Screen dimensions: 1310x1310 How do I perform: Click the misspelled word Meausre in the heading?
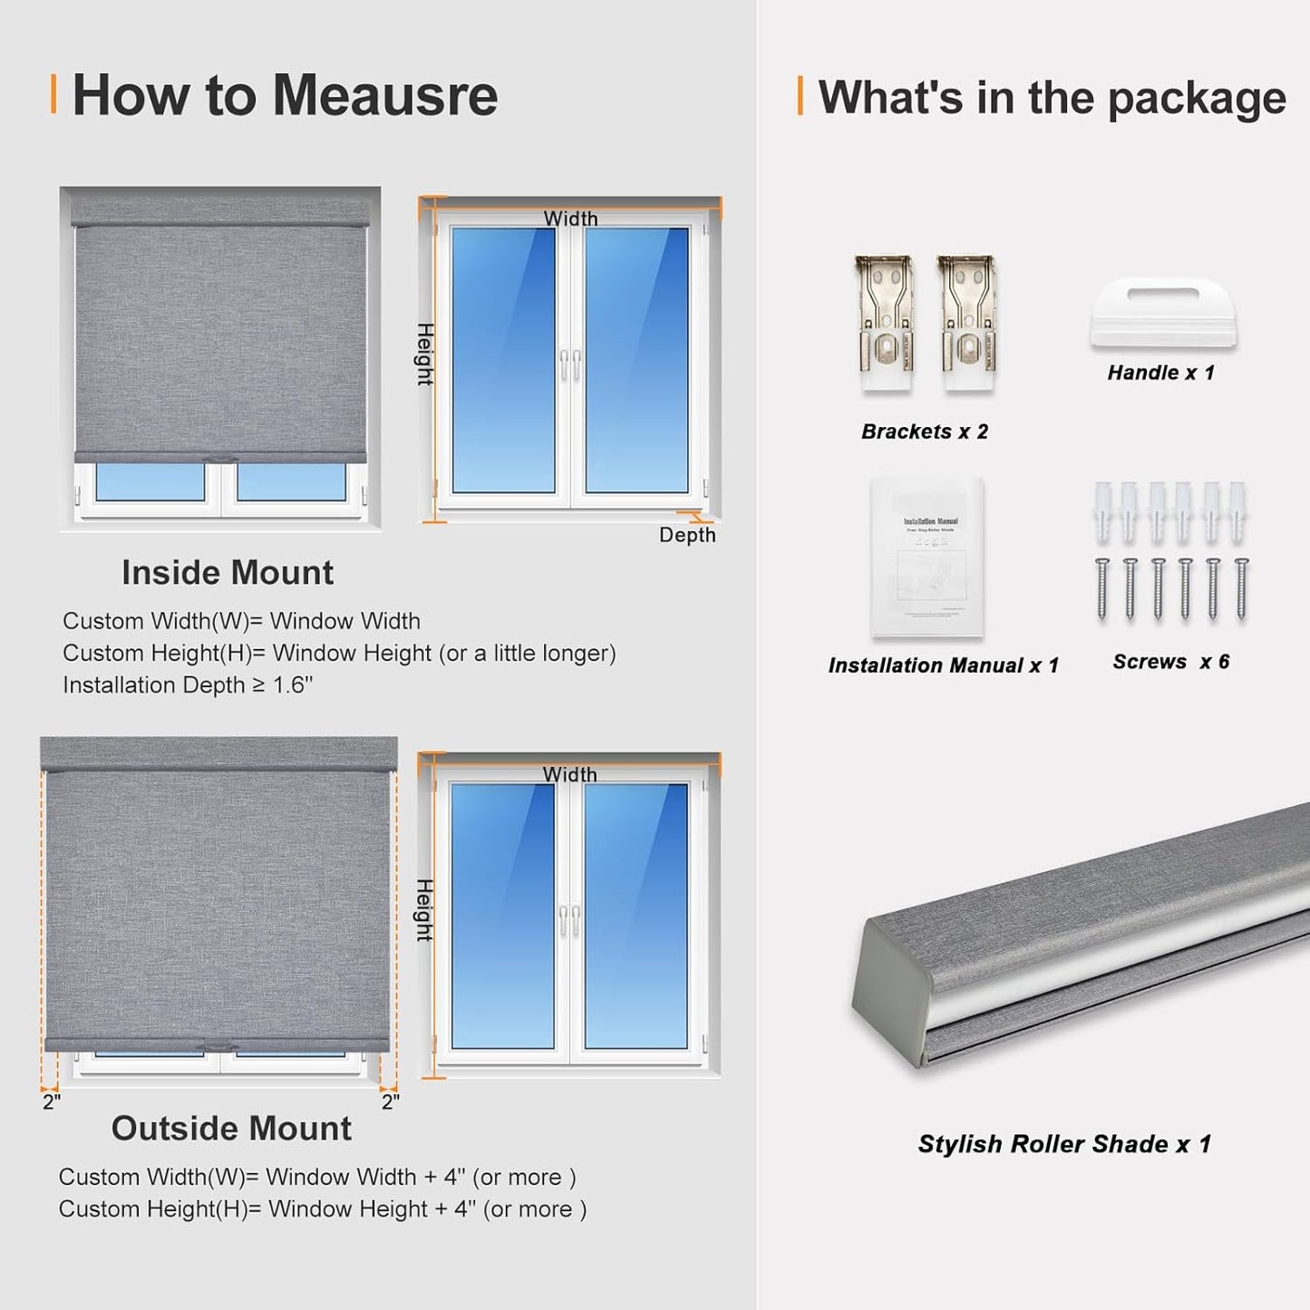click(x=384, y=95)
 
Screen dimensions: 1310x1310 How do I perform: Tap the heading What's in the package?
click(x=1051, y=97)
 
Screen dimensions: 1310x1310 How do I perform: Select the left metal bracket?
click(x=884, y=323)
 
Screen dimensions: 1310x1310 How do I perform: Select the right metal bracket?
click(x=967, y=323)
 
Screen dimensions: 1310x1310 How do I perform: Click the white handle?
click(x=1163, y=314)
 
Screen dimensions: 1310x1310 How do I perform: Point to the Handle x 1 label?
click(x=1160, y=373)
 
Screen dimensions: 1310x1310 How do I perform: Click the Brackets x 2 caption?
click(x=924, y=432)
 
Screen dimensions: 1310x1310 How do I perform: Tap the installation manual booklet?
click(x=927, y=556)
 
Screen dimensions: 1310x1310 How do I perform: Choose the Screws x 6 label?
click(x=1170, y=662)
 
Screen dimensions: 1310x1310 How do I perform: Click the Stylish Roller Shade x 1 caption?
click(x=1064, y=1144)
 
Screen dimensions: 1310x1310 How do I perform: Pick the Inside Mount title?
click(x=228, y=573)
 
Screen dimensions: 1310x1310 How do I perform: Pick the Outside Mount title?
click(x=231, y=1129)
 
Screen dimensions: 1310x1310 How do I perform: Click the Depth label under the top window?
click(x=687, y=535)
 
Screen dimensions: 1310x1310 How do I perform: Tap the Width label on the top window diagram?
click(x=570, y=218)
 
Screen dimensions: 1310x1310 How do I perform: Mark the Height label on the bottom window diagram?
click(x=424, y=909)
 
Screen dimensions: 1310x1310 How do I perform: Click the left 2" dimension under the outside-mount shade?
click(x=51, y=1101)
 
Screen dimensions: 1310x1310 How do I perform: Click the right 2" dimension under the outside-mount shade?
click(x=390, y=1101)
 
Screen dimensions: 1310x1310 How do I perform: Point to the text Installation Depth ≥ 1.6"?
click(x=188, y=685)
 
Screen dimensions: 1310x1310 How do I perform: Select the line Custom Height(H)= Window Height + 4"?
click(x=322, y=1209)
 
